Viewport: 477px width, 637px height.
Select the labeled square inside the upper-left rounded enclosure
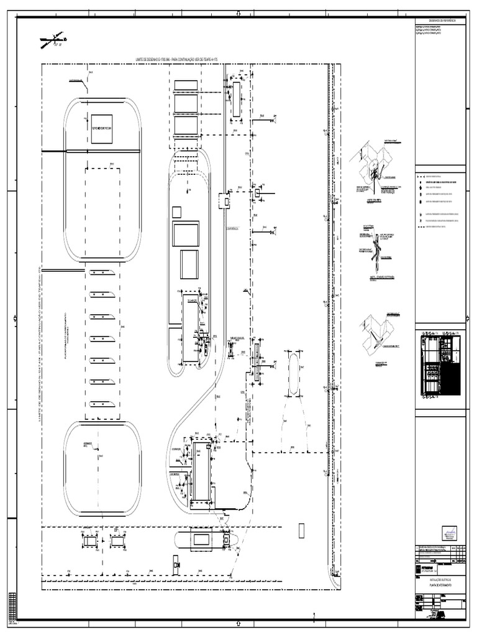click(101, 129)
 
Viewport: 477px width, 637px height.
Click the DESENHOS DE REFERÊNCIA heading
click(438, 21)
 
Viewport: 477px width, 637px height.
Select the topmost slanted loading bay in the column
click(102, 273)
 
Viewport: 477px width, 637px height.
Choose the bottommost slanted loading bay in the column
click(102, 403)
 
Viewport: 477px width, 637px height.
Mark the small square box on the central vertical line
click(225, 200)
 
